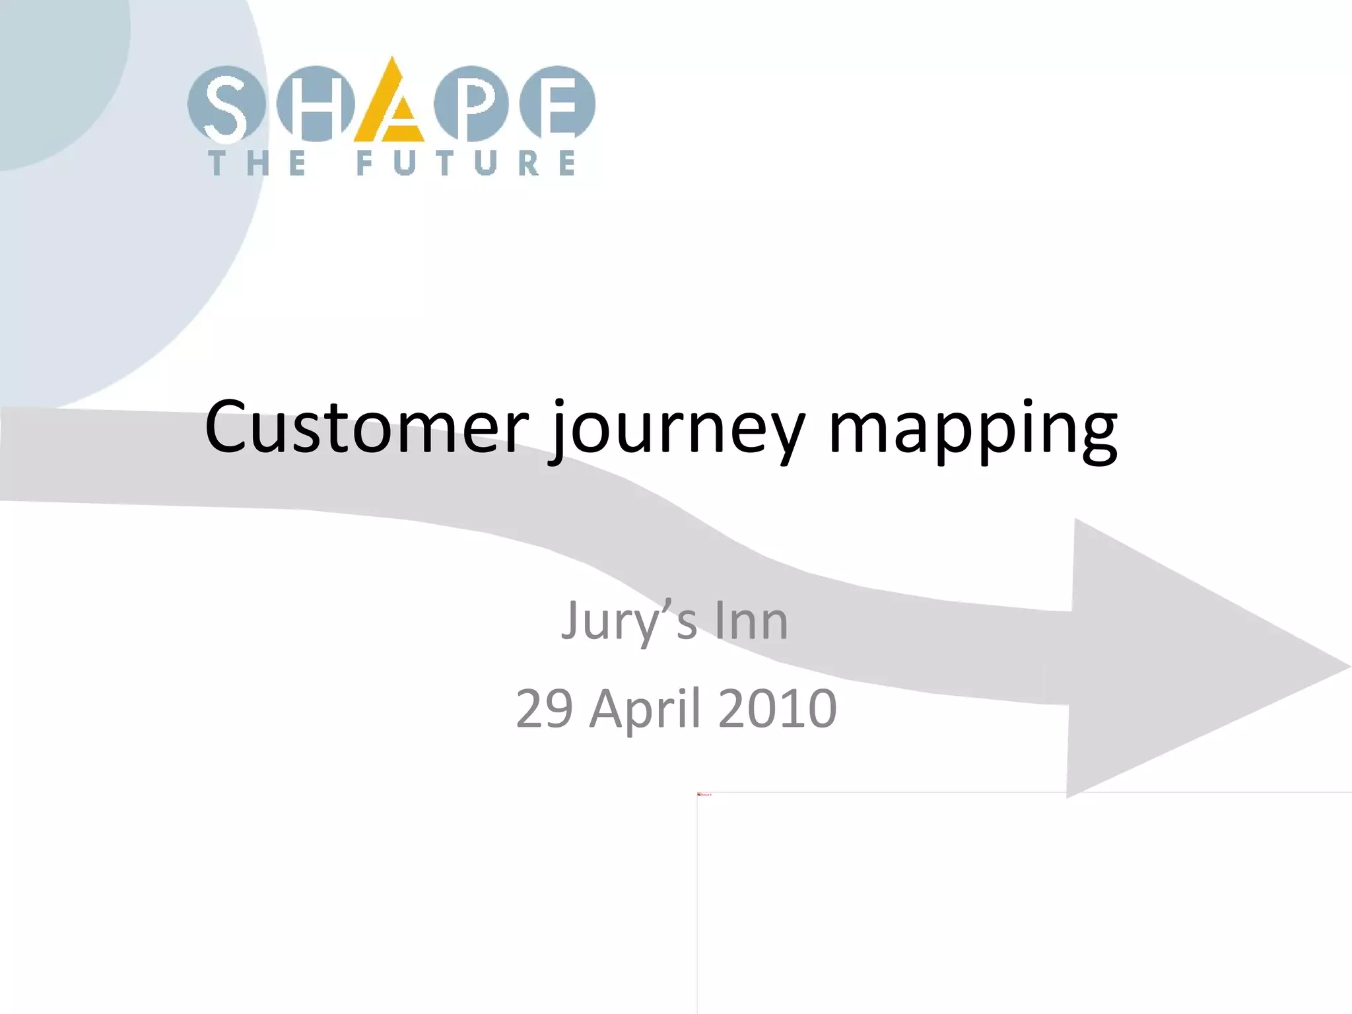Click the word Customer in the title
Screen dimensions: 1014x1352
point(367,427)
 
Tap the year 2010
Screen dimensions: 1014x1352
point(777,708)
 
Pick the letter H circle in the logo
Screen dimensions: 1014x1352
point(315,104)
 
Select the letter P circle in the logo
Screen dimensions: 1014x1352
point(471,104)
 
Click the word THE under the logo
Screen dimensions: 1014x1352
point(258,163)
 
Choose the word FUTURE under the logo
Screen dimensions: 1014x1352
point(465,163)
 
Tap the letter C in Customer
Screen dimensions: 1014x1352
point(230,427)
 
